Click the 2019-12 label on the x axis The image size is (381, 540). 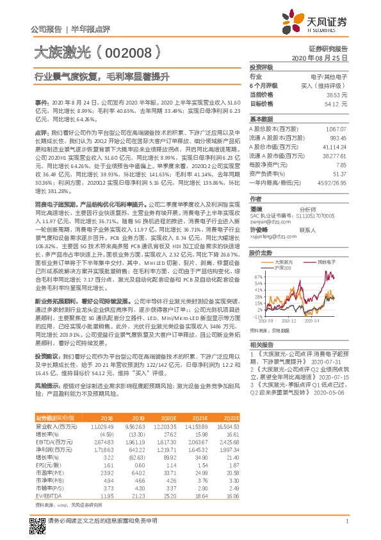tap(290, 321)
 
